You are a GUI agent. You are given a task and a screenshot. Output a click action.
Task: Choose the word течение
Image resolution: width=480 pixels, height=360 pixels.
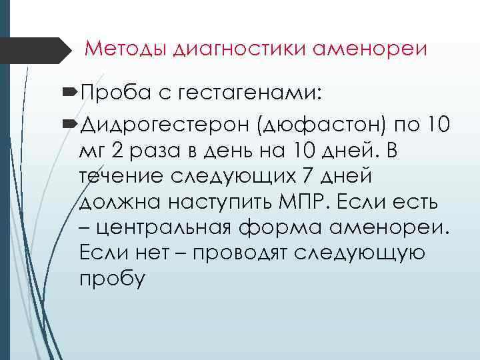click(x=119, y=177)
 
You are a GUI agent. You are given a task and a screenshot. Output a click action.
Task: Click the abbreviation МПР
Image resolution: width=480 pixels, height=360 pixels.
click(x=295, y=202)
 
